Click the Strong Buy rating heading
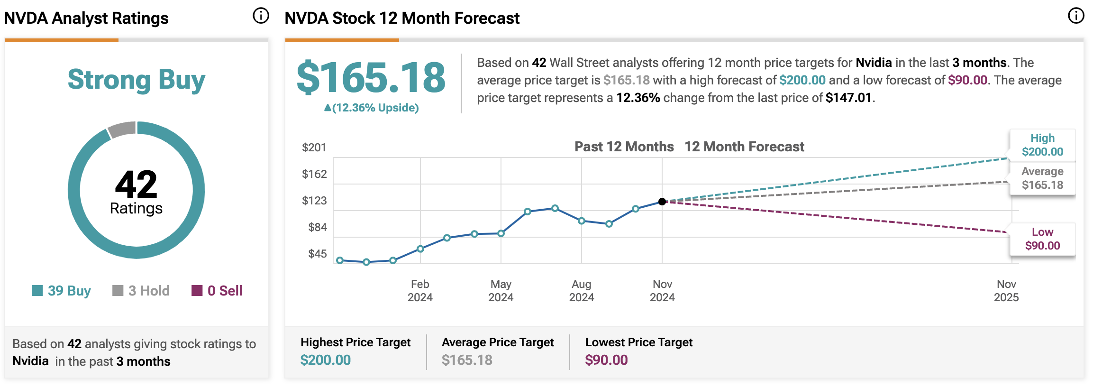point(137,80)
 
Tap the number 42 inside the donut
point(136,185)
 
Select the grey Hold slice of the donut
point(122,129)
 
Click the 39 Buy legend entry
point(62,291)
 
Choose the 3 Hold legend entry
point(141,291)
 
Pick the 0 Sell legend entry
point(217,291)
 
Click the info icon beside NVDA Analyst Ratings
point(261,16)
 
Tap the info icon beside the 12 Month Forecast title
point(1076,16)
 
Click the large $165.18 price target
point(371,78)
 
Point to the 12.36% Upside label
point(371,108)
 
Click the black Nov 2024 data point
point(662,202)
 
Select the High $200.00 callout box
point(1042,145)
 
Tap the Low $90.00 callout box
point(1042,239)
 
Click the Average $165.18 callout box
point(1042,178)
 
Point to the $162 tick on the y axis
point(314,174)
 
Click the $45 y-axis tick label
point(317,254)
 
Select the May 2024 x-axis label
point(501,291)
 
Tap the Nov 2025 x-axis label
point(1006,291)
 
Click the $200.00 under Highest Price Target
point(326,360)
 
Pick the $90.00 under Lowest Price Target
point(606,360)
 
